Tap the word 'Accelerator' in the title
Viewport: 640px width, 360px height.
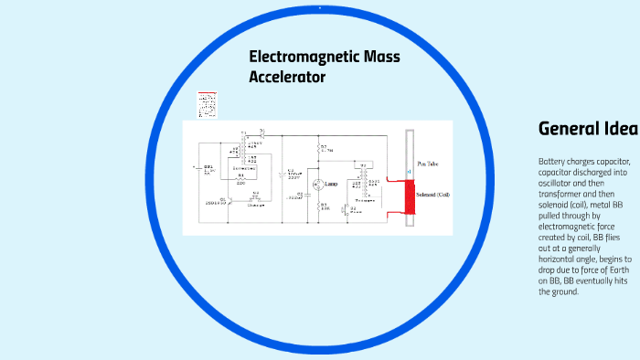point(287,78)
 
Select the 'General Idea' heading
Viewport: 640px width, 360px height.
point(588,128)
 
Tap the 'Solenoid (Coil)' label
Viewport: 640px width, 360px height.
point(433,195)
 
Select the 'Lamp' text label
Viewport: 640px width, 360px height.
point(333,184)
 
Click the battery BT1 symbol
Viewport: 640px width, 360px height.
point(198,167)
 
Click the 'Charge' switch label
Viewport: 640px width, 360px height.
point(255,206)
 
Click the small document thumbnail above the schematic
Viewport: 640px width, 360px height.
point(208,104)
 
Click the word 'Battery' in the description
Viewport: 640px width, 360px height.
point(551,162)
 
